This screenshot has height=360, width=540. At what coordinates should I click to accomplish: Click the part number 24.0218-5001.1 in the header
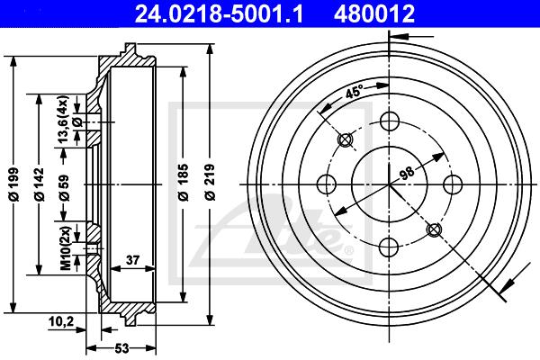[x=219, y=13]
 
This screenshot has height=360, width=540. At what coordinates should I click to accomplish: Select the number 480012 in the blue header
[x=374, y=13]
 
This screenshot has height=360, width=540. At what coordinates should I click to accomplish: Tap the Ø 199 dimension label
[x=13, y=184]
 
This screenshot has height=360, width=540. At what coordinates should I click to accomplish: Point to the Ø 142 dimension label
[x=39, y=184]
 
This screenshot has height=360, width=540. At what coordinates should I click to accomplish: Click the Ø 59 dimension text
[x=64, y=188]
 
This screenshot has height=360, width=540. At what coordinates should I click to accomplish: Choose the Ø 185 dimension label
[x=183, y=183]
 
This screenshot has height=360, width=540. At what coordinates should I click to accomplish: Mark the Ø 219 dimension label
[x=210, y=183]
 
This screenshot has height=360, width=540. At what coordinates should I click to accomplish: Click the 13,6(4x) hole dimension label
[x=64, y=119]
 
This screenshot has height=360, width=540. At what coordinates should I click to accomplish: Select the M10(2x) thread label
[x=66, y=247]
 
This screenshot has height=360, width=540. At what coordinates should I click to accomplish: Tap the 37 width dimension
[x=132, y=260]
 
